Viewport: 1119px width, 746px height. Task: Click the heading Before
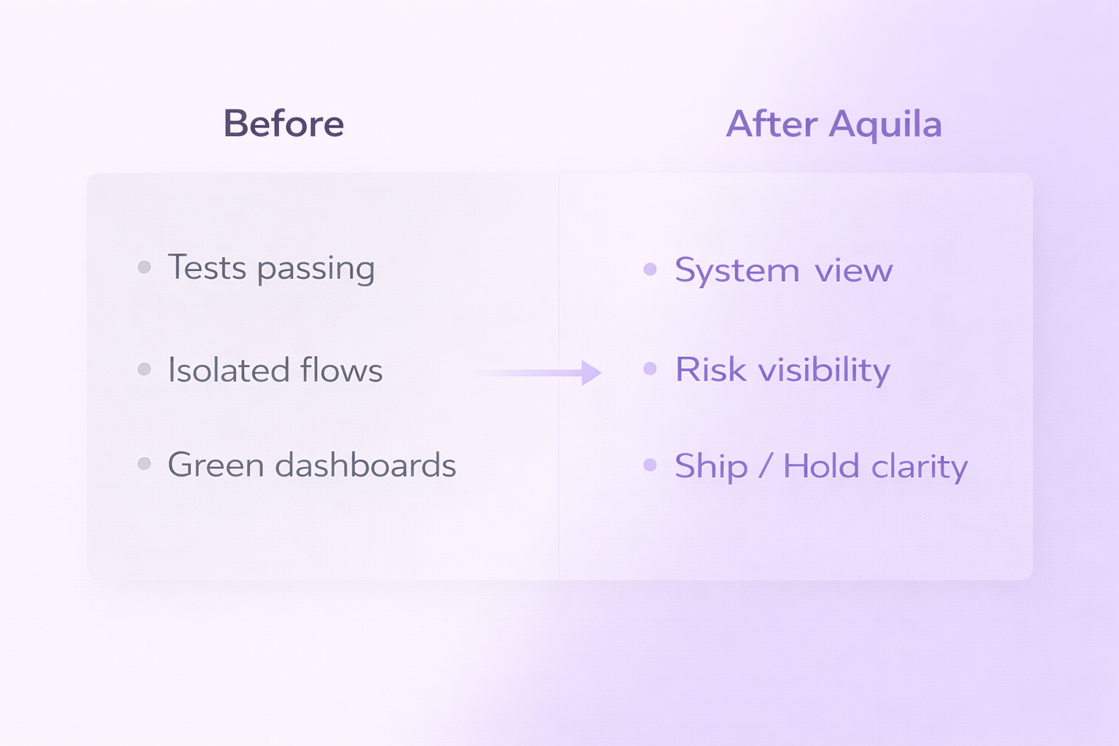283,124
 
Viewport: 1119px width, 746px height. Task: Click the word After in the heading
771,124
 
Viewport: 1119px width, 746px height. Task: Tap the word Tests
208,267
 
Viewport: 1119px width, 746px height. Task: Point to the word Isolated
229,370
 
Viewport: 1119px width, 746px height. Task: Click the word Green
216,465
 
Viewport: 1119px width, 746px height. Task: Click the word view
854,271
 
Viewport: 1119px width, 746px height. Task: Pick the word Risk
711,369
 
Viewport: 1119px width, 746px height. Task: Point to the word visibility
824,370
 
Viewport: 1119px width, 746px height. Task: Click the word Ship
711,467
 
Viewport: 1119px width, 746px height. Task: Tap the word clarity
919,467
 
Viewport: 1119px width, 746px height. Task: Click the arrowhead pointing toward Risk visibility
591,372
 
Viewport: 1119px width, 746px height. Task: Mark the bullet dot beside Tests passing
144,267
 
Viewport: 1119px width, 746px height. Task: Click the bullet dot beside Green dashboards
144,463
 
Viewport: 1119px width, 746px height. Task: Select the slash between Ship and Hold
765,466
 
